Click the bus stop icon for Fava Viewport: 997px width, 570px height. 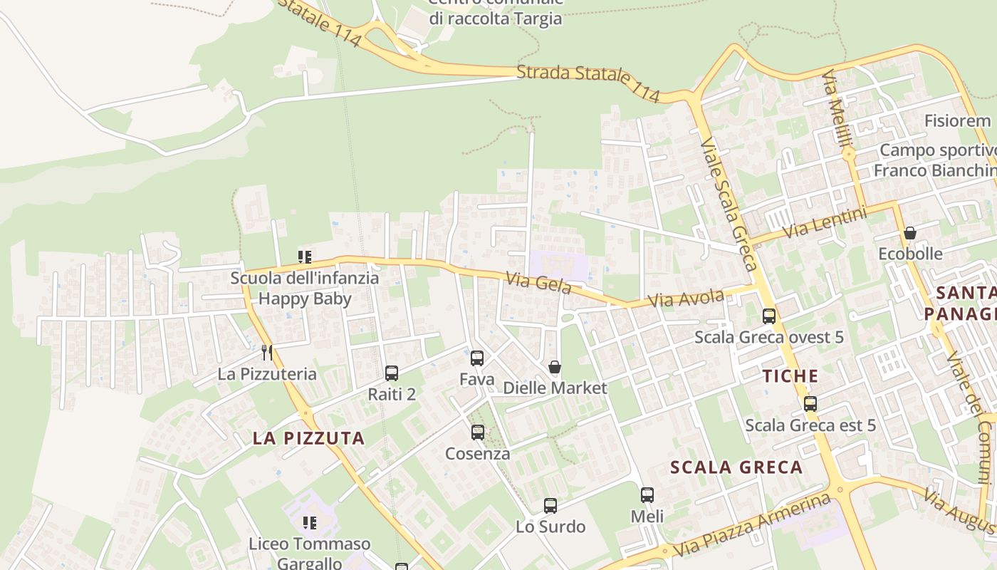pos(477,358)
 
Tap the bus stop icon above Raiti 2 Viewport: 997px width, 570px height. pos(392,373)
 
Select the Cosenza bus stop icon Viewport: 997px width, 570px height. pos(478,432)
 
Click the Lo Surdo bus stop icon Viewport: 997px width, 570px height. pos(550,506)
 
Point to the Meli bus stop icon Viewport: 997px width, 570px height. pos(647,494)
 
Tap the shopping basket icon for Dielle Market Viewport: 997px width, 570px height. pos(555,367)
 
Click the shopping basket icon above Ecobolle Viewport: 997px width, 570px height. pos(910,233)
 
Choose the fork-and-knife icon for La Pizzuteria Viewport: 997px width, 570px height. pos(267,352)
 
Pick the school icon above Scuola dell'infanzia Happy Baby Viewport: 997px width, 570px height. pos(305,256)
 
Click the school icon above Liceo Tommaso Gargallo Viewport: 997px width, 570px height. pos(309,523)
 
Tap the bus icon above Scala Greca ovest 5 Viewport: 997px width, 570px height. pos(769,316)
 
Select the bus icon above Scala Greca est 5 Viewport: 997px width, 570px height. pos(810,404)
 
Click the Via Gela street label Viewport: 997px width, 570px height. pos(539,283)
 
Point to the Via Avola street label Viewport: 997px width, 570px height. pos(687,299)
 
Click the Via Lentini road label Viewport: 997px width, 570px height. pos(825,223)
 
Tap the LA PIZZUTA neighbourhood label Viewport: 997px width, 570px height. pos(309,438)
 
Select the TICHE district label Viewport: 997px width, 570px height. pos(790,376)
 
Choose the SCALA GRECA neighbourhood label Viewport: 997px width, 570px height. pos(737,467)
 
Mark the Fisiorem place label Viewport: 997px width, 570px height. pos(957,120)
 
